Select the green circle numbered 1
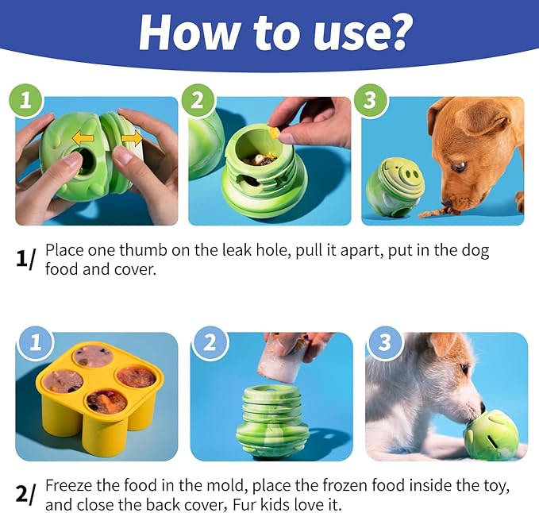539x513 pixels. coord(26,101)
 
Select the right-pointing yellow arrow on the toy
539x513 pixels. coord(131,138)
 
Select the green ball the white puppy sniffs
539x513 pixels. coord(497,433)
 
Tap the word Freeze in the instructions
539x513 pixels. coord(68,485)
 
